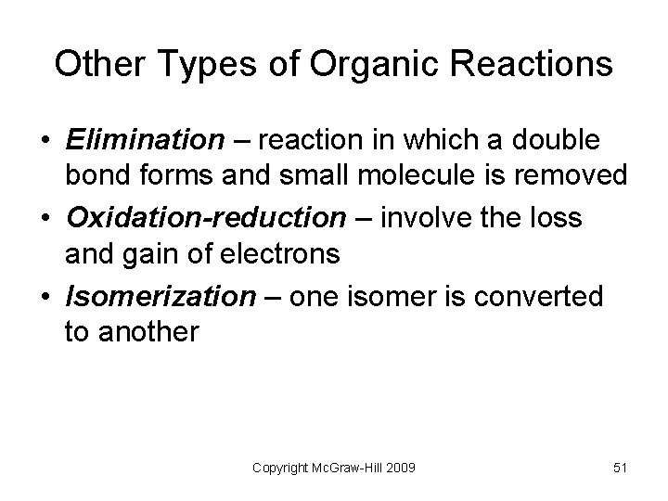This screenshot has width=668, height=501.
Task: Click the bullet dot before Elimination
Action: tap(45, 141)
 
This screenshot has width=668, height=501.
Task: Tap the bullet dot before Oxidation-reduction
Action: tap(45, 219)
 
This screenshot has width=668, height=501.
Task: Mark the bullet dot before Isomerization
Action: tap(45, 298)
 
